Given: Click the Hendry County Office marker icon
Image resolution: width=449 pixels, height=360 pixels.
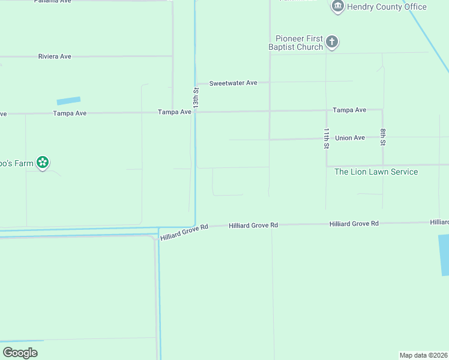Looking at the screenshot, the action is (x=337, y=7).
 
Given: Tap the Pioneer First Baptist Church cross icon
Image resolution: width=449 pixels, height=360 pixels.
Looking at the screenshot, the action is (x=332, y=43).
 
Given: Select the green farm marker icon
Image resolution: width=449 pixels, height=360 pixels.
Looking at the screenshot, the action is (x=42, y=162).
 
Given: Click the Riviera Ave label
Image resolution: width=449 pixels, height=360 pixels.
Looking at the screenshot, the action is (x=55, y=56).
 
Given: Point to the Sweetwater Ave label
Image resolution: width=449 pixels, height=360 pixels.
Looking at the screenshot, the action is (x=233, y=83).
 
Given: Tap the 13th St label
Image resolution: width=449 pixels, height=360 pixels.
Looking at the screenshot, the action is (x=196, y=98).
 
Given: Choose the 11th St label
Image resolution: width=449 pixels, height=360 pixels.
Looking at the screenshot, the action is (x=327, y=138).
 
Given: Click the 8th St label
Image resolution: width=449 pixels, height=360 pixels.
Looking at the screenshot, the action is (x=382, y=137).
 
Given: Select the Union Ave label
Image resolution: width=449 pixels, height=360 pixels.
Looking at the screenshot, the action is (x=350, y=138).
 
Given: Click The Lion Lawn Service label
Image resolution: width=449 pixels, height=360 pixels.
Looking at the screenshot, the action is (x=376, y=172).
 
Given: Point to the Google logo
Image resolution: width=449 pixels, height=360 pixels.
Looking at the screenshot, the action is (x=20, y=352).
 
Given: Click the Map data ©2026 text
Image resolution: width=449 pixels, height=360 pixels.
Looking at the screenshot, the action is (x=423, y=355).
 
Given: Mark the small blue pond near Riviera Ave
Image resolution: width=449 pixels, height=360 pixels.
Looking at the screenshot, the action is (x=68, y=101).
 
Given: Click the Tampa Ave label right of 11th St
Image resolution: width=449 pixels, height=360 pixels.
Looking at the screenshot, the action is (x=349, y=110).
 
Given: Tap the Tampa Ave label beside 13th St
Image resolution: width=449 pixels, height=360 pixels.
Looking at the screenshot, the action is (x=174, y=112).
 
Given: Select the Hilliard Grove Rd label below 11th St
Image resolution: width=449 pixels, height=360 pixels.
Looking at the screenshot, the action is (x=354, y=224).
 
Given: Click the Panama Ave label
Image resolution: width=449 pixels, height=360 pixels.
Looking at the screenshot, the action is (x=52, y=1).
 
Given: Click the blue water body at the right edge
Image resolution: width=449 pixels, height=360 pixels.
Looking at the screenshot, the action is (x=444, y=254).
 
